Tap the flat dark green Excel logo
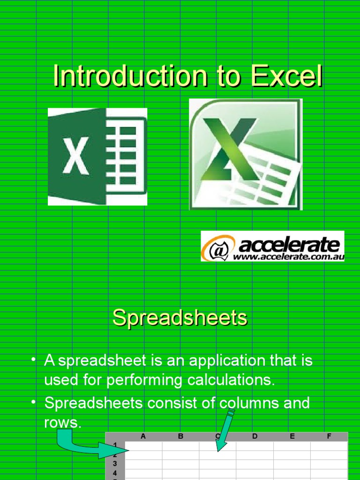[97, 157]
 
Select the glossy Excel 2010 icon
[246, 154]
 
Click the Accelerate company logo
[272, 246]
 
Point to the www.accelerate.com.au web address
[289, 257]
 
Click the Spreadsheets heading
[180, 318]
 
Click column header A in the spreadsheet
[143, 436]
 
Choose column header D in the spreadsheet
[255, 436]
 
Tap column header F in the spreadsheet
[329, 436]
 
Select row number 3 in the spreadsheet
[115, 464]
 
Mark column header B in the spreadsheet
[180, 436]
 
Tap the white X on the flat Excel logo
[75, 157]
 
